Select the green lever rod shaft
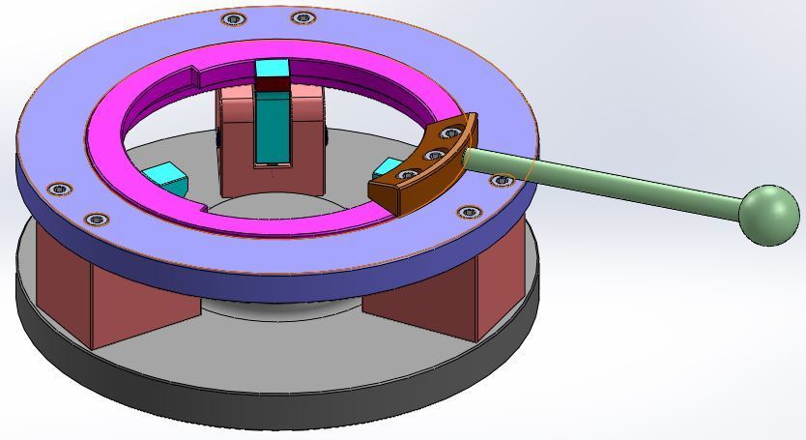[619, 180]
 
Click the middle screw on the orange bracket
[434, 155]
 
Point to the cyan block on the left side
[165, 179]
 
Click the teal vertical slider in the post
[272, 131]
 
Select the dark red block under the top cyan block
[273, 84]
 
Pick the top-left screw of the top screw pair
[232, 19]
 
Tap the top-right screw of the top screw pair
[302, 17]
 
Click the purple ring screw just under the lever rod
[501, 181]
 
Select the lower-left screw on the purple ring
[97, 220]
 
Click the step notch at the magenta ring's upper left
[193, 73]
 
